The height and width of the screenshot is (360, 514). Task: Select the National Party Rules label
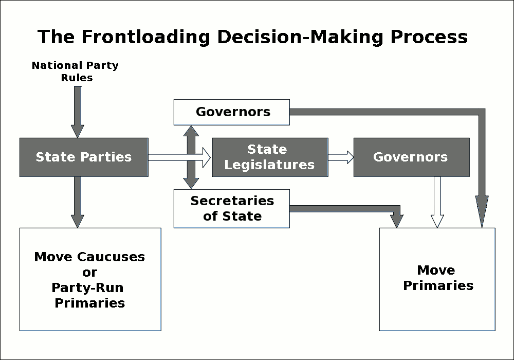[x=75, y=71]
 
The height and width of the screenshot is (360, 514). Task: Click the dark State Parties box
[x=84, y=157]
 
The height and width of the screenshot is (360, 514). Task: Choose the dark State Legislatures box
[x=270, y=157]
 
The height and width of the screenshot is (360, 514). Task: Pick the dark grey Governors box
[x=411, y=157]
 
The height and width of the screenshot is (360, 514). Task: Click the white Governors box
[x=232, y=112]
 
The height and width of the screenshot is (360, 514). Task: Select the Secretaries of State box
[x=232, y=208]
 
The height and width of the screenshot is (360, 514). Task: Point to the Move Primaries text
[x=437, y=278]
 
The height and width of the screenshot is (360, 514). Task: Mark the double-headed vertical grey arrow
[x=192, y=157]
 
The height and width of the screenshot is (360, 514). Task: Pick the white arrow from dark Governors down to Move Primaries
[x=437, y=203]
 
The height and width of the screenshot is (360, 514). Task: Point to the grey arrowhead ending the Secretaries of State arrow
[x=397, y=220]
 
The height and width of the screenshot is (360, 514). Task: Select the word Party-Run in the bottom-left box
[x=89, y=287]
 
